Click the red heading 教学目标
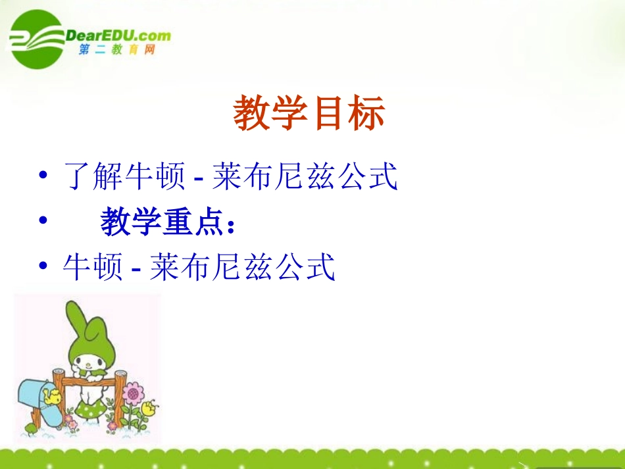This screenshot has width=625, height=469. click(x=309, y=115)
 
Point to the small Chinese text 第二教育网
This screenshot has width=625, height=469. click(x=116, y=51)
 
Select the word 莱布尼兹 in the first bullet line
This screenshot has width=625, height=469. click(x=273, y=177)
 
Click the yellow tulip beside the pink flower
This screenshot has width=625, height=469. click(x=149, y=407)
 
